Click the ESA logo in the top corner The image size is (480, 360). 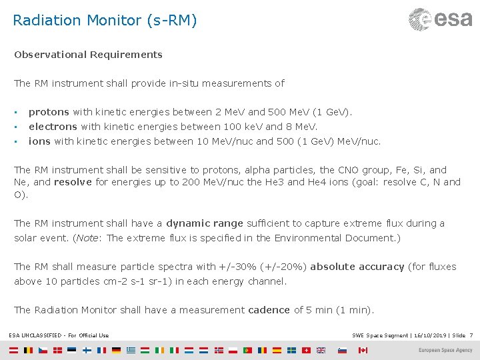(440, 19)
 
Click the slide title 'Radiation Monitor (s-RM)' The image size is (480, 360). (105, 21)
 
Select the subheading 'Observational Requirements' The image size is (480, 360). (88, 55)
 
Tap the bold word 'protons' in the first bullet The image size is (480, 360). (49, 112)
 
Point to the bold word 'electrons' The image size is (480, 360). (53, 127)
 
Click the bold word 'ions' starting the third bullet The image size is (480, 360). (39, 141)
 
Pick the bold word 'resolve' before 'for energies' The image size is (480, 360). (73, 182)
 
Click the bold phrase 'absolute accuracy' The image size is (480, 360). (357, 267)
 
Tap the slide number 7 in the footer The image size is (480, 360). (471, 335)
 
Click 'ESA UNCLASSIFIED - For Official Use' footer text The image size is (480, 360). (59, 335)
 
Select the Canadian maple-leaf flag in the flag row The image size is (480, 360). (363, 350)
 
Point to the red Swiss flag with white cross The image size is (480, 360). (306, 350)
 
